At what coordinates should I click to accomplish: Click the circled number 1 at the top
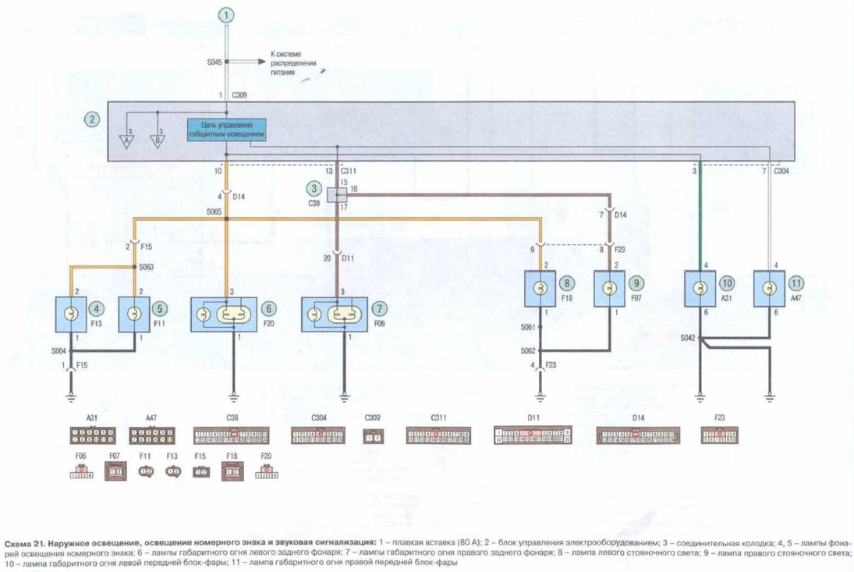[x=226, y=15]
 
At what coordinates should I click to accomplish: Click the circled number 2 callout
[x=93, y=119]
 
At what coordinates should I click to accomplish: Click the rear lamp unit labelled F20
[x=225, y=314]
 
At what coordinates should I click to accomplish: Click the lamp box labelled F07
[x=610, y=290]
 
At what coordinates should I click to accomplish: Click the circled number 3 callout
[x=314, y=188]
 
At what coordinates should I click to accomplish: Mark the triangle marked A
[x=126, y=140]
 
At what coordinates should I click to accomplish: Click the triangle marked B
[x=158, y=140]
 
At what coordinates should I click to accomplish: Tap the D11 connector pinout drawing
[x=533, y=435]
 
